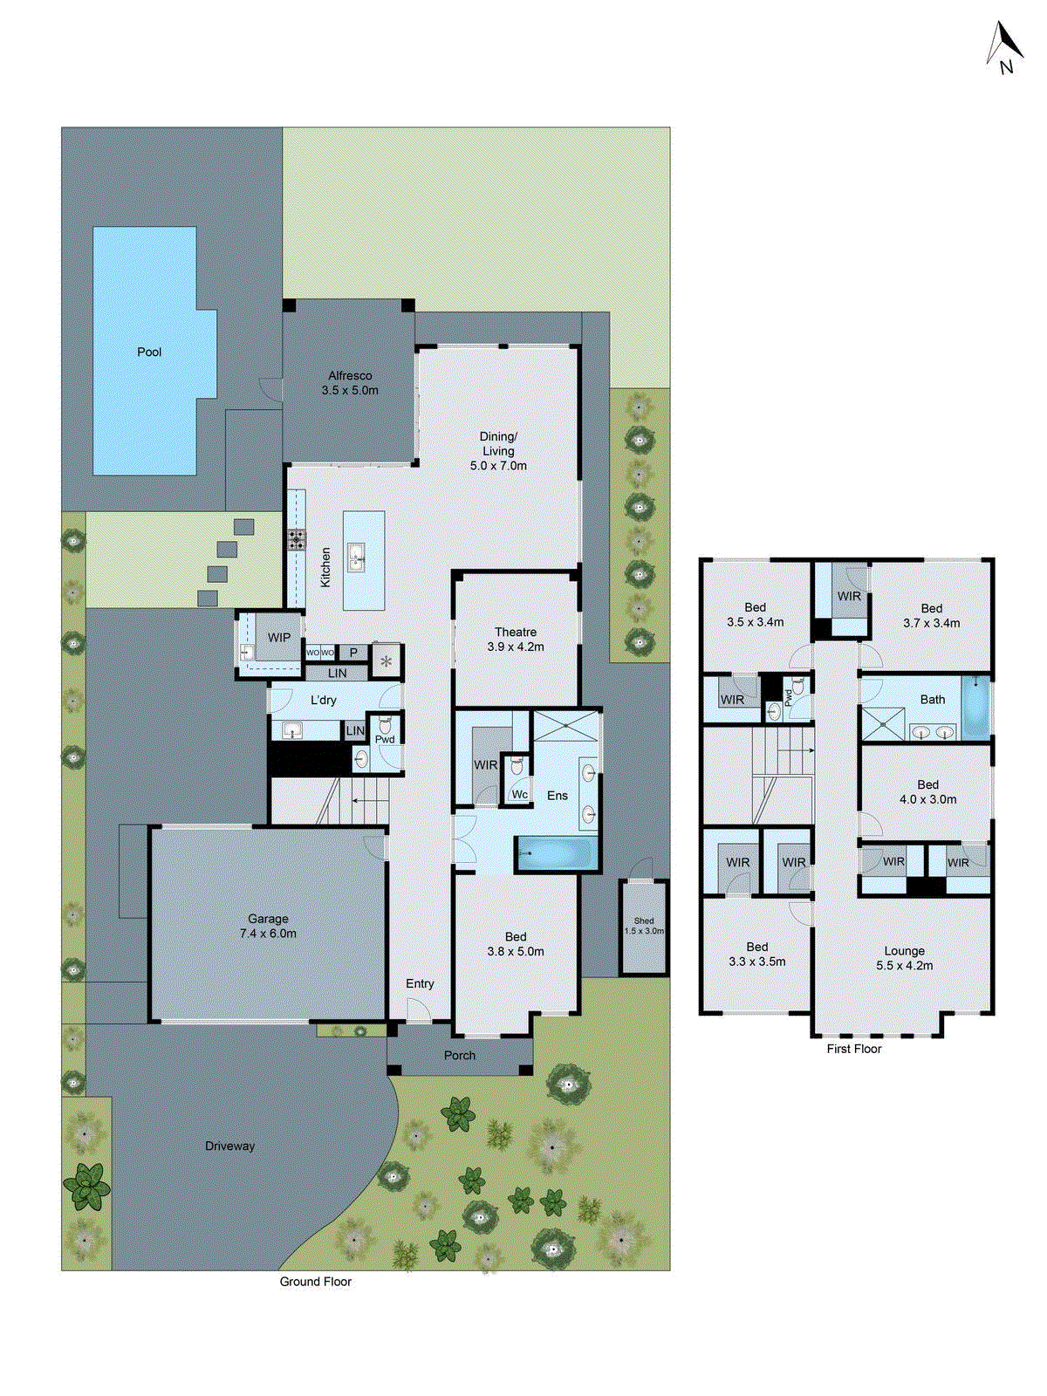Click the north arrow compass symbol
click(1004, 47)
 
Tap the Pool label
click(149, 352)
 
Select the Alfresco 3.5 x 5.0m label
click(350, 383)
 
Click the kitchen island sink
click(357, 556)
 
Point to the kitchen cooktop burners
click(297, 539)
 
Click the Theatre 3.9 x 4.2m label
click(516, 640)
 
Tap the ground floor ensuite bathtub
click(557, 852)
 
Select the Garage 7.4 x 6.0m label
click(268, 926)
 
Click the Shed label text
click(644, 920)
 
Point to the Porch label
click(460, 1056)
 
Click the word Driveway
click(230, 1146)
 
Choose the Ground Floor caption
click(316, 1282)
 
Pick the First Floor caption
click(854, 1049)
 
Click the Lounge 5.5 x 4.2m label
click(905, 958)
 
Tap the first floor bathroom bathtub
click(975, 707)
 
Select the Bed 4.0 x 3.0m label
click(928, 792)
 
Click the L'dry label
click(324, 701)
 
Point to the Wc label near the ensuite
click(520, 795)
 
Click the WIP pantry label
click(279, 638)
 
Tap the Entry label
click(420, 984)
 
